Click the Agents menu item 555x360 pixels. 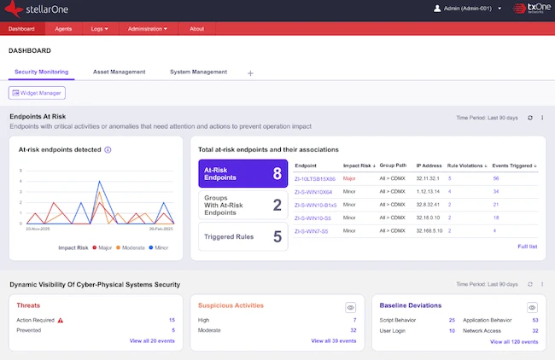63,29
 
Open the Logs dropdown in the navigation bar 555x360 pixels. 99,29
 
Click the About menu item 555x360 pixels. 196,29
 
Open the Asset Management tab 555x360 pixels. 119,73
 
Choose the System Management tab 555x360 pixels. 198,73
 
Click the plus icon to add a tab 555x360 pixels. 250,73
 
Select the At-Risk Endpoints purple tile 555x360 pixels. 242,174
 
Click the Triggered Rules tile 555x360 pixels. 242,236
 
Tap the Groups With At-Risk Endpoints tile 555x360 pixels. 242,206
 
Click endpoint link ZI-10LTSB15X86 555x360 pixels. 315,179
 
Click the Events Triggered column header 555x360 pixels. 514,165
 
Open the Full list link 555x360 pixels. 528,247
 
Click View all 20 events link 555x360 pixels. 152,340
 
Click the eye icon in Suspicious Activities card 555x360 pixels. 350,307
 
